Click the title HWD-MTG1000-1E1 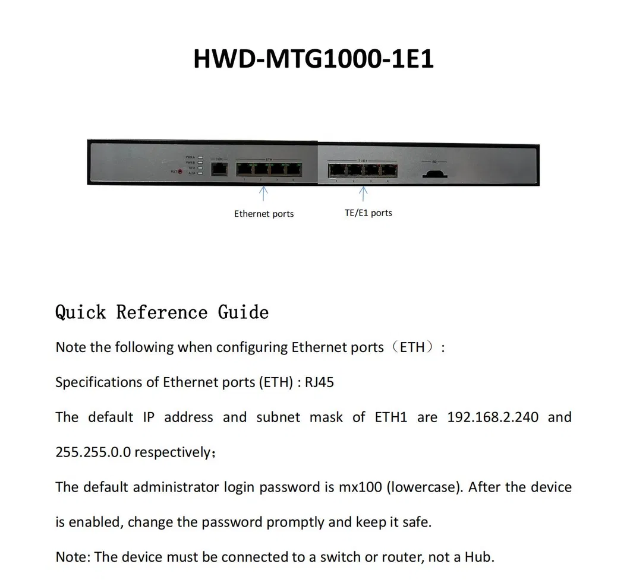314,59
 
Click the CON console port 219,169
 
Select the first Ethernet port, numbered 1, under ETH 244,169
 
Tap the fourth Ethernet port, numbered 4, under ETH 293,169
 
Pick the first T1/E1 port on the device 336,170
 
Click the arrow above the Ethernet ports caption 264,194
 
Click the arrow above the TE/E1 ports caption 363,194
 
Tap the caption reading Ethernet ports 264,214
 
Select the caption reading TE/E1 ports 368,213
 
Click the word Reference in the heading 162,312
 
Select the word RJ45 319,382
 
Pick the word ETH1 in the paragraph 390,417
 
